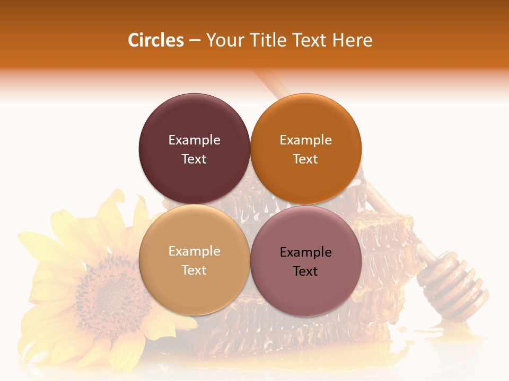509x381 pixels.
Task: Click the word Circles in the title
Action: [x=155, y=40]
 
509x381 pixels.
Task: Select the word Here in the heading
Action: [x=352, y=40]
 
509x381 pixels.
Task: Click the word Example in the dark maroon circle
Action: [x=194, y=140]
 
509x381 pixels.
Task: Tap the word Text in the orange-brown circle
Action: [x=305, y=159]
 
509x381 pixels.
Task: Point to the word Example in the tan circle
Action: [x=194, y=251]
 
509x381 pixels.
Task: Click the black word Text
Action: [x=305, y=271]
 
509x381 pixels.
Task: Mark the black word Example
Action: [x=305, y=252]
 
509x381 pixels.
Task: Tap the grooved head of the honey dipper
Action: [x=454, y=285]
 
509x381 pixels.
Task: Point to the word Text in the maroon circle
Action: [x=194, y=159]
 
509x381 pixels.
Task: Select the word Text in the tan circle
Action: [x=194, y=270]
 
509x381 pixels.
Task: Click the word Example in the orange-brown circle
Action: [x=305, y=140]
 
